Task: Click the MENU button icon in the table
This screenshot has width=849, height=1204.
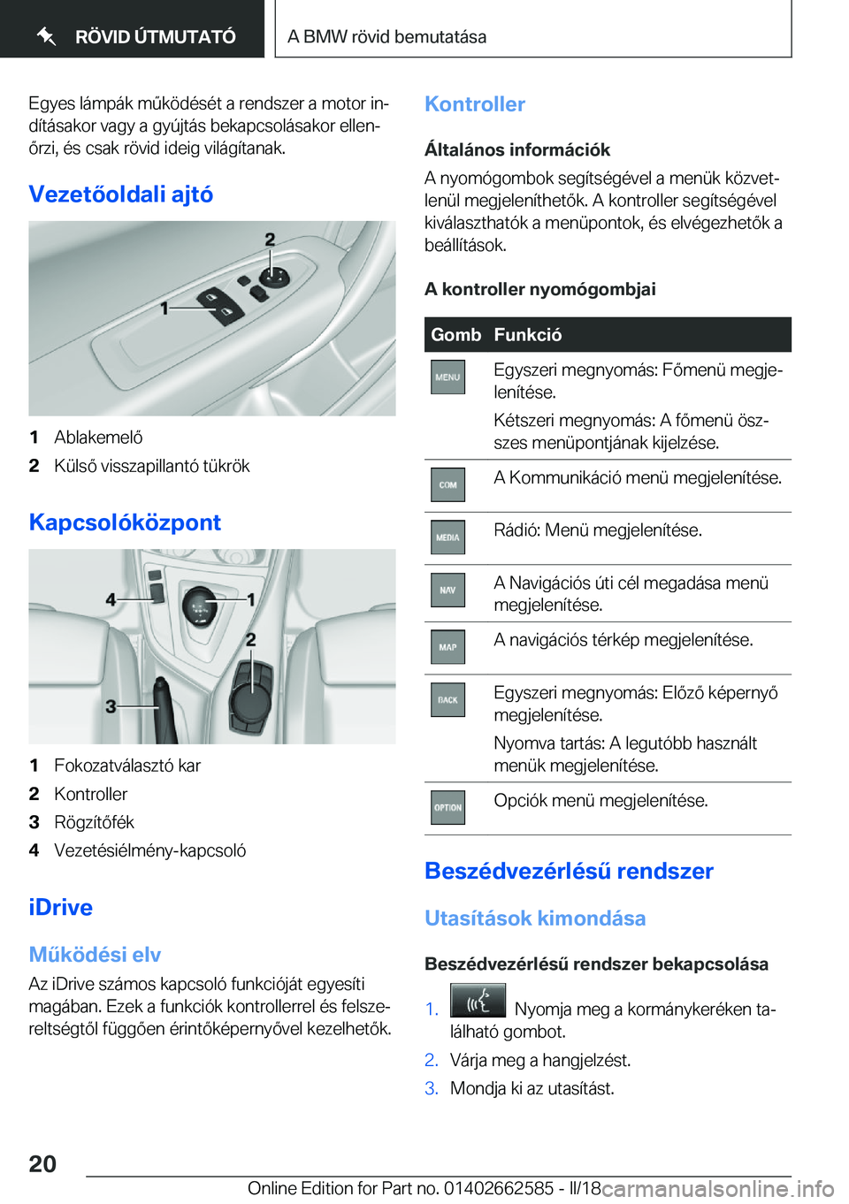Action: point(447,377)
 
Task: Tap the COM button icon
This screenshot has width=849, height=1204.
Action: point(447,484)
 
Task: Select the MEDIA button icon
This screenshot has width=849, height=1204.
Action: point(447,537)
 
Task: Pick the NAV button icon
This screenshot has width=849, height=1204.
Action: point(447,591)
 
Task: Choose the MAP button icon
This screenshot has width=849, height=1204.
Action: point(447,647)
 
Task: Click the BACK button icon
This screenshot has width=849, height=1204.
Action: point(447,700)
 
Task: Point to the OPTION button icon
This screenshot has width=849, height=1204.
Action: point(447,807)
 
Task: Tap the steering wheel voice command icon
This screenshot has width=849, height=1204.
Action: point(478,1002)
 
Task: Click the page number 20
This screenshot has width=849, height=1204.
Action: point(42,1163)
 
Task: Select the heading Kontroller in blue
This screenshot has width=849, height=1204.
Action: point(475,104)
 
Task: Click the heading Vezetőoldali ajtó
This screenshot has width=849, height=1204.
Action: point(121,194)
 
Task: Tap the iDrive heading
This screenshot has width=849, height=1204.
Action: point(60,907)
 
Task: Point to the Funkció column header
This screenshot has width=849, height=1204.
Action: point(528,335)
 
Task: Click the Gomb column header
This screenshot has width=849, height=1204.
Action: point(455,335)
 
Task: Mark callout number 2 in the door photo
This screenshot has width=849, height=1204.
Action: point(270,240)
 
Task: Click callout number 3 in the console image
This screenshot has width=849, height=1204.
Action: point(111,706)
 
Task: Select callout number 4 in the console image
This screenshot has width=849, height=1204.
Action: point(111,599)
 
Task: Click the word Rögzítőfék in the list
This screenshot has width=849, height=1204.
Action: point(94,822)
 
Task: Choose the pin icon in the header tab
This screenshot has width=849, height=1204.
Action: point(47,36)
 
